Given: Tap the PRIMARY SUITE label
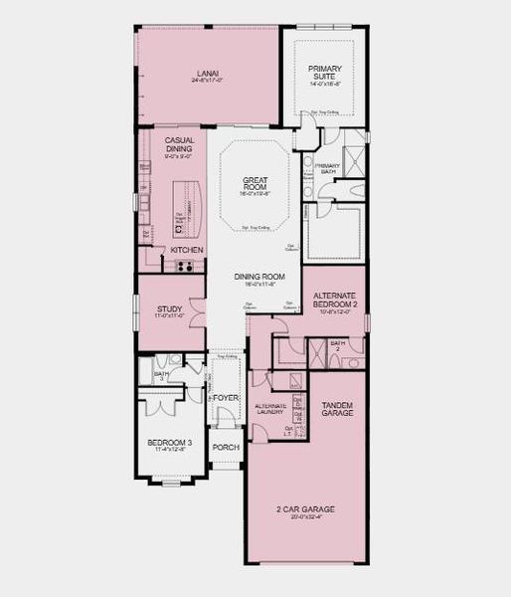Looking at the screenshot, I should pyautogui.click(x=324, y=73).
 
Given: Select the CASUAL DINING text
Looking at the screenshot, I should pyautogui.click(x=180, y=144).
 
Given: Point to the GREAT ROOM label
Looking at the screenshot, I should pyautogui.click(x=255, y=185).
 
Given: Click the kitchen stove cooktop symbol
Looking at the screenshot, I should pyautogui.click(x=184, y=266).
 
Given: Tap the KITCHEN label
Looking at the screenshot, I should pyautogui.click(x=187, y=250).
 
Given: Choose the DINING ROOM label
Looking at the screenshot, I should pyautogui.click(x=259, y=278).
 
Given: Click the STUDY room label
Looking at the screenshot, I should pyautogui.click(x=169, y=309).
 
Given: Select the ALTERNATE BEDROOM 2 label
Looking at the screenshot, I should pyautogui.click(x=334, y=299).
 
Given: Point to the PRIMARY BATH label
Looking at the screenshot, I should pyautogui.click(x=328, y=169).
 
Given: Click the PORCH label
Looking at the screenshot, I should pyautogui.click(x=226, y=447).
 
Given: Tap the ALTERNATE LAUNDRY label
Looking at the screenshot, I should pyautogui.click(x=270, y=408).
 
